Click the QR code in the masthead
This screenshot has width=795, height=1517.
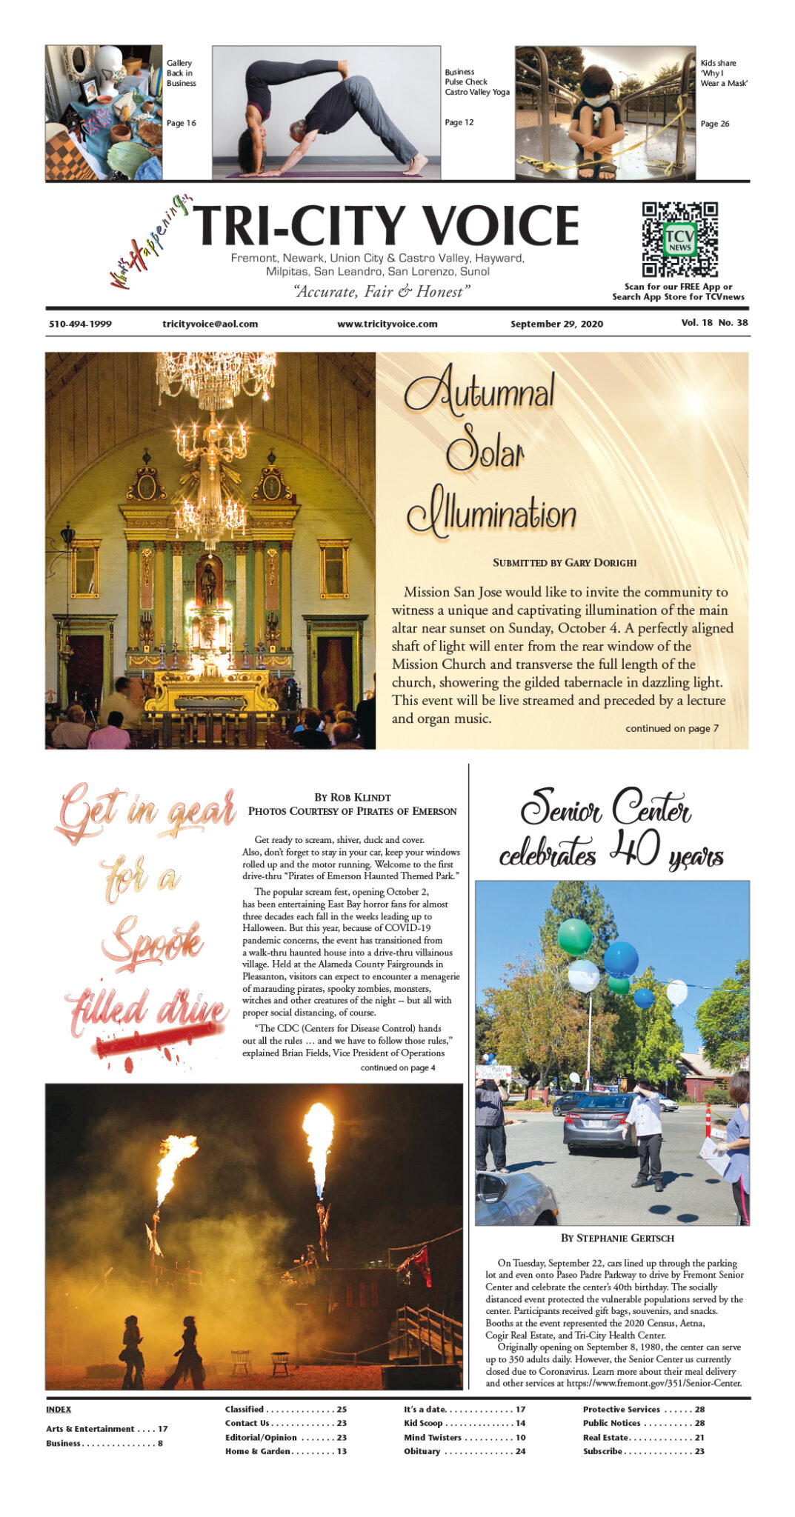[x=679, y=239]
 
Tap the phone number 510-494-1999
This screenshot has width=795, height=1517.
[x=80, y=324]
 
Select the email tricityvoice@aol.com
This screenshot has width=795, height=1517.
[x=210, y=324]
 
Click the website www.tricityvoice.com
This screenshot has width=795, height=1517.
[x=387, y=324]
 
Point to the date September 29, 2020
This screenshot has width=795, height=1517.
[x=556, y=324]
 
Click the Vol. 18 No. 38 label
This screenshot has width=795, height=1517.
[x=714, y=323]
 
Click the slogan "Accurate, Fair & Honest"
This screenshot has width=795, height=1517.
[x=382, y=291]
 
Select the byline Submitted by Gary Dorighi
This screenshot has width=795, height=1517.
[x=564, y=562]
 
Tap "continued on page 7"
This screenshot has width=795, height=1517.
[x=671, y=728]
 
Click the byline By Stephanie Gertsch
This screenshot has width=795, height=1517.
[x=617, y=1238]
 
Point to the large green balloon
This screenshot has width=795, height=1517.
[x=575, y=936]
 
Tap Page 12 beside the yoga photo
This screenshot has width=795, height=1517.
[x=459, y=122]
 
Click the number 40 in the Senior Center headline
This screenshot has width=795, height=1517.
[x=634, y=848]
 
